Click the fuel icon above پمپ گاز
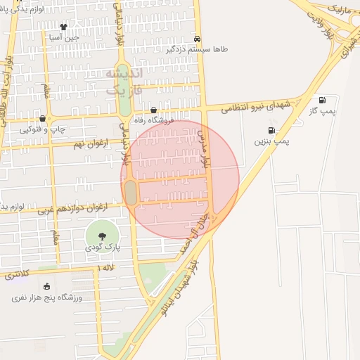pos(323,100)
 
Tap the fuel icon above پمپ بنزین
pos(271,130)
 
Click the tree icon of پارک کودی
pos(100,234)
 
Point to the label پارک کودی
pos(100,247)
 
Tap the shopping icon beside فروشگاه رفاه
pos(154,110)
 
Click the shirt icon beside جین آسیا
pos(63,27)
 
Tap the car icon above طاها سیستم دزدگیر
pos(197,39)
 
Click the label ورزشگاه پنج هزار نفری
pos(47,297)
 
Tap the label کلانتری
pos(18,274)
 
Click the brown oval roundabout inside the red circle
pos(131,193)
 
